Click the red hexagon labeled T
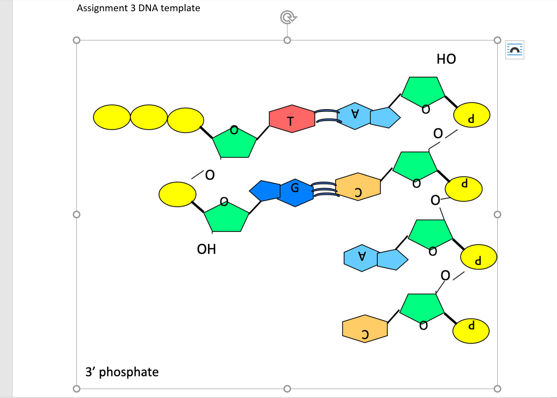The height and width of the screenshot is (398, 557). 292,119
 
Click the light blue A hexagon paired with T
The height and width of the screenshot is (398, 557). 354,116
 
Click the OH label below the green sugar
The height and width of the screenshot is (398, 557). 207,249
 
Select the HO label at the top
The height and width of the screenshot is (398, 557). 446,59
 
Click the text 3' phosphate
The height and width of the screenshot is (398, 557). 122,372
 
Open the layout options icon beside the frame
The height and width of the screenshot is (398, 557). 515,50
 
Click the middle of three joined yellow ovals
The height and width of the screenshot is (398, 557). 149,117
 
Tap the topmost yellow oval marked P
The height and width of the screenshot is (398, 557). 472,115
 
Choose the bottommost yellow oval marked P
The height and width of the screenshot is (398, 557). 471,331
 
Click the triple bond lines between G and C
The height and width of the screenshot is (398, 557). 324,190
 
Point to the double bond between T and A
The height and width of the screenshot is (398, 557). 326,116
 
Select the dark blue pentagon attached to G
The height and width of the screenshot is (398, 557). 265,191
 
